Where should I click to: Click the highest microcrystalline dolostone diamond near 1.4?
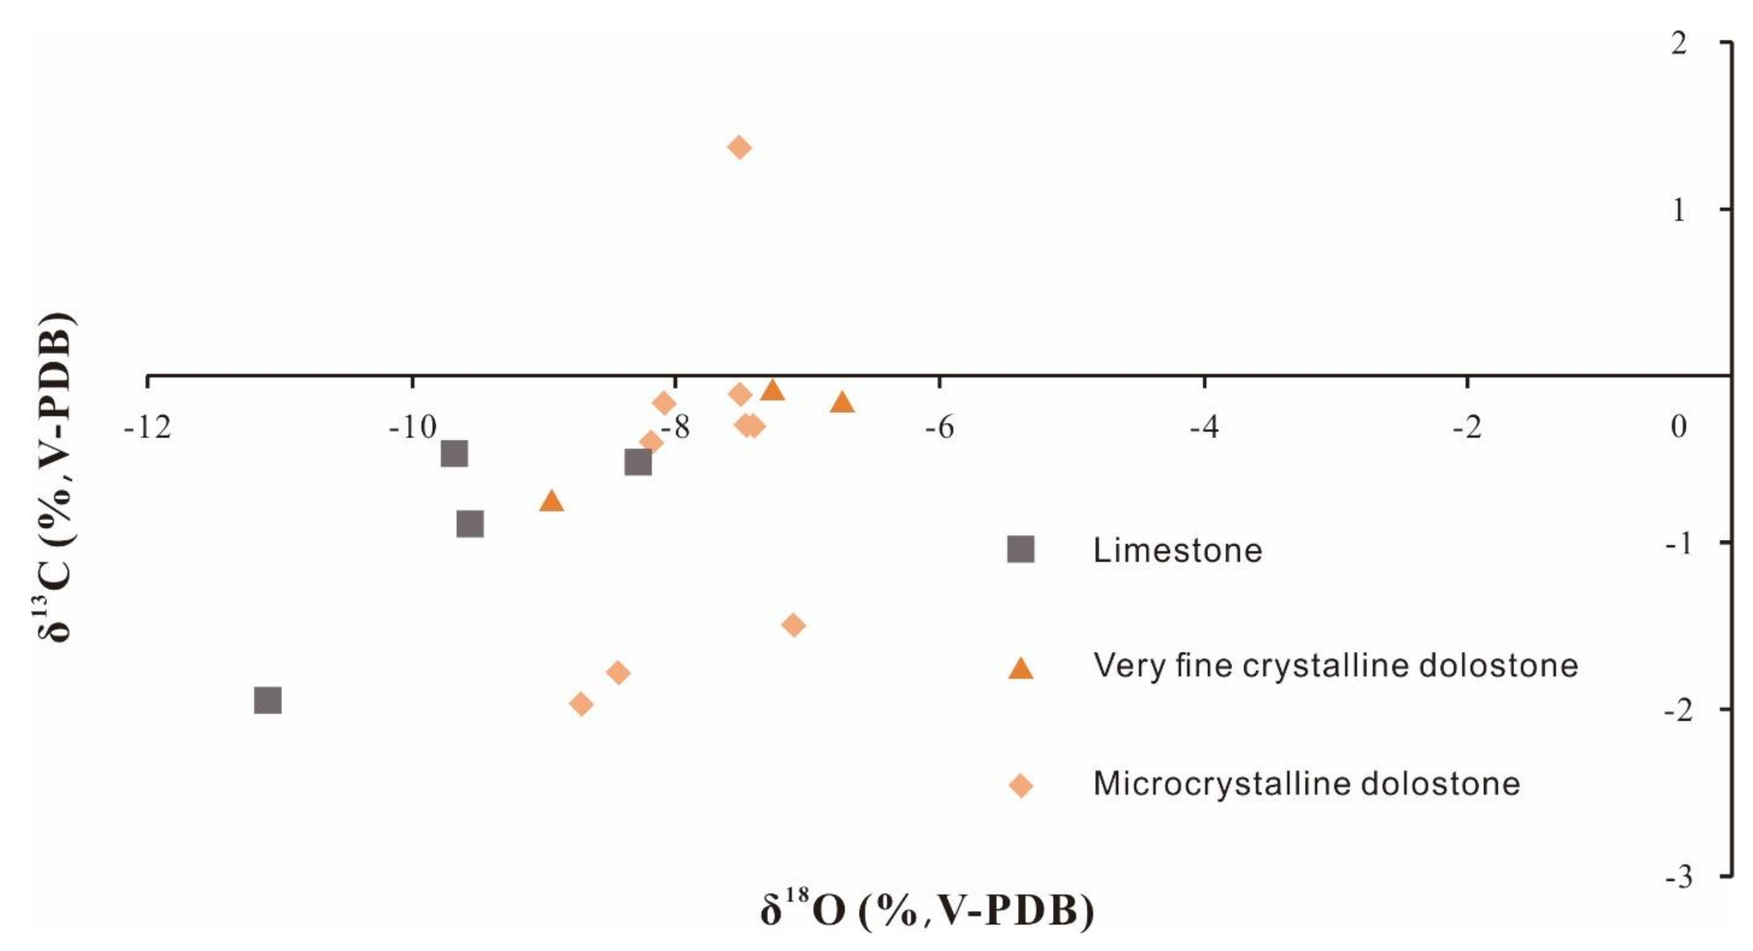pyautogui.click(x=740, y=148)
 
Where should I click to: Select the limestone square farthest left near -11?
pyautogui.click(x=268, y=700)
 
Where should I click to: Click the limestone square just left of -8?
pyautogui.click(x=638, y=462)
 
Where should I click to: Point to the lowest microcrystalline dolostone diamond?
pyautogui.click(x=581, y=704)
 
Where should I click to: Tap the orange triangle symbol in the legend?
pyautogui.click(x=1020, y=669)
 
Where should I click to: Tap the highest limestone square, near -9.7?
pyautogui.click(x=454, y=454)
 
